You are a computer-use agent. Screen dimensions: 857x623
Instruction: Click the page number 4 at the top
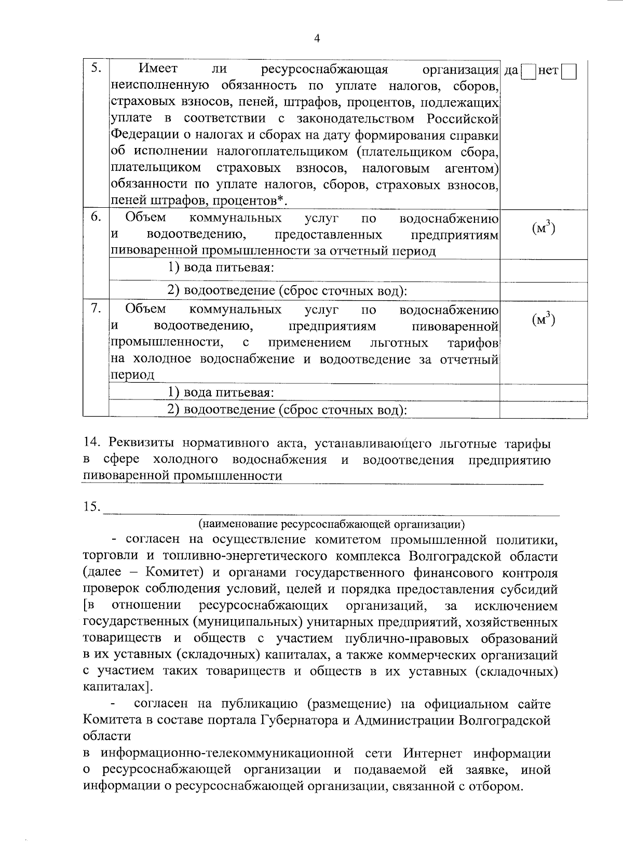coord(316,38)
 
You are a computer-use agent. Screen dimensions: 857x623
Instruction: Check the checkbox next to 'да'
coord(527,71)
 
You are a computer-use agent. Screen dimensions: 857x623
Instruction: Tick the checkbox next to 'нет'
coord(569,71)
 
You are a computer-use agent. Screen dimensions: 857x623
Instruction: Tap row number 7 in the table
coord(96,309)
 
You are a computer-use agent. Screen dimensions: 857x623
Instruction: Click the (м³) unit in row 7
coord(544,319)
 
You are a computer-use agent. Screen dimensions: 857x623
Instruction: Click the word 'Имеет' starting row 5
coord(158,69)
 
